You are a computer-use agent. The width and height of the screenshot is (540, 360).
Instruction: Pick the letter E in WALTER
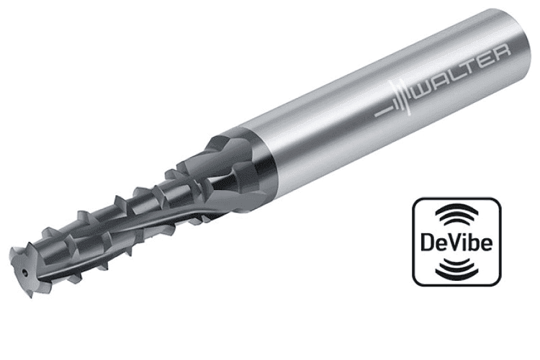[x=490, y=60]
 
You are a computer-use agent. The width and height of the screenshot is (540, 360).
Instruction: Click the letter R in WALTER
[x=503, y=54]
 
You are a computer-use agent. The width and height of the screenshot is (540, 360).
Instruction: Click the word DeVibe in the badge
[x=456, y=242]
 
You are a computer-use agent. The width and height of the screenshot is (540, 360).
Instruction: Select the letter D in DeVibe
[x=428, y=242]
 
